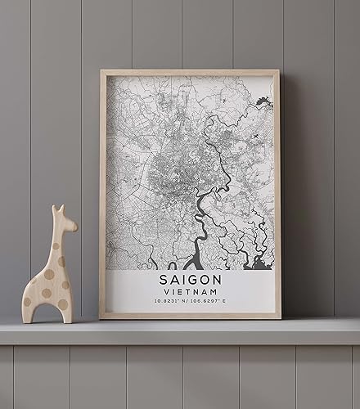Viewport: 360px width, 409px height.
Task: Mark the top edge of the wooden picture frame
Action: [x=190, y=73]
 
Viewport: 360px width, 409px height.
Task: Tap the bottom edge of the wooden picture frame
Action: [x=190, y=316]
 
